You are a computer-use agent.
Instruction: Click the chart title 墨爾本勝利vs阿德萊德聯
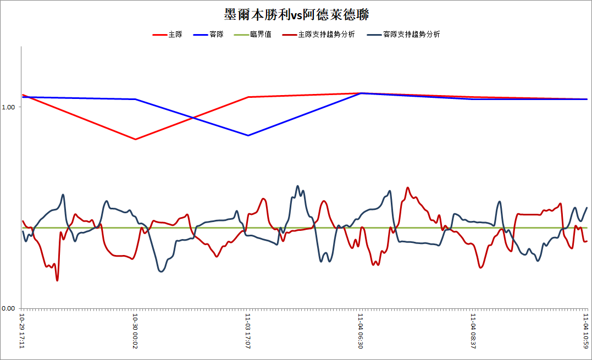tap(296, 15)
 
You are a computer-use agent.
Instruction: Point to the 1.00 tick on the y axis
tap(8, 107)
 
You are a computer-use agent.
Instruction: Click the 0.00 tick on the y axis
tap(8, 308)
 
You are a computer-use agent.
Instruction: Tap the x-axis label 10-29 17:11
tap(23, 331)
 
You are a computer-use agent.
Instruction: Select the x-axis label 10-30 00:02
tap(135, 331)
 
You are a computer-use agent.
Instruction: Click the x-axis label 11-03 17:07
tap(248, 331)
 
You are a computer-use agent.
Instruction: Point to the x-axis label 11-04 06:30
tap(361, 331)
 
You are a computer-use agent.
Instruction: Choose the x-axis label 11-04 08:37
tap(473, 331)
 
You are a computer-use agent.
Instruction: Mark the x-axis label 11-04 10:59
tap(586, 331)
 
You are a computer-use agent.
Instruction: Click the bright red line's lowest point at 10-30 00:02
tap(136, 139)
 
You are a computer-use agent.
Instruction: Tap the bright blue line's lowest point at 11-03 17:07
tap(248, 135)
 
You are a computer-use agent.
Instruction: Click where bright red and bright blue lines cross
tap(193, 118)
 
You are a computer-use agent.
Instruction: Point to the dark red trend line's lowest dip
tap(57, 280)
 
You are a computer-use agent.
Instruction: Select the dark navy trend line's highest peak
tap(297, 186)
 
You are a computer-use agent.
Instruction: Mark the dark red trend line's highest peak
tap(407, 187)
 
